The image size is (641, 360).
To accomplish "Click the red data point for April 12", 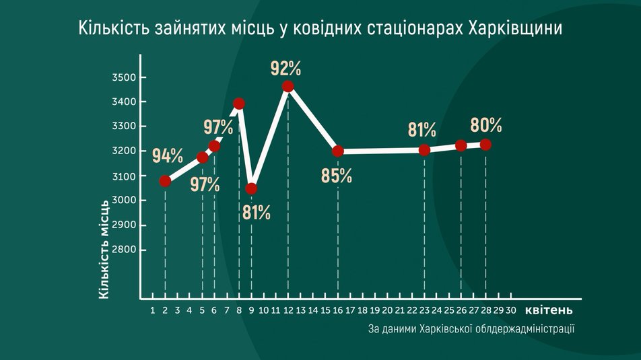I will coord(288,86).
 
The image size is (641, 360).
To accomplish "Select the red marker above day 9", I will coord(251,188).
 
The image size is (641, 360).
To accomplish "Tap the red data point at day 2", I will coord(165,181).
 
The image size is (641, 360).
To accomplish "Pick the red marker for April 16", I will coord(338,151).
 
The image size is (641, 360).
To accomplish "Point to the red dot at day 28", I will coord(485,145).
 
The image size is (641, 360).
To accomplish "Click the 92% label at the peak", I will coord(285,68).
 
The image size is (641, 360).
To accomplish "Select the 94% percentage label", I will coord(167,156).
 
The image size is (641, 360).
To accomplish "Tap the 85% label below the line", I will coord(337,176).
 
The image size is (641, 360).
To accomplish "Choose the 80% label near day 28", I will coord(486,125).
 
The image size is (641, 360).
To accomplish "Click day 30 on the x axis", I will coord(510,310).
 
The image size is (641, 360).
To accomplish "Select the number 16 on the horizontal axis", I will coord(337,310).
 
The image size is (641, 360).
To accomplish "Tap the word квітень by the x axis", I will coord(549,310).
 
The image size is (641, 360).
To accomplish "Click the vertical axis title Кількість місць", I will coord(104,249).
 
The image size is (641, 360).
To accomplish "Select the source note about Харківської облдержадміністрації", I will coord(471,330).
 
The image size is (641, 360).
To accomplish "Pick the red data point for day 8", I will coord(239,104).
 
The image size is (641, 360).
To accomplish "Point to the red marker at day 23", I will coord(424,150).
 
